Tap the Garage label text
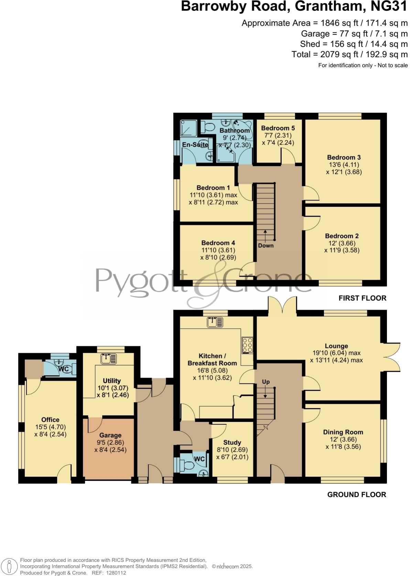[110, 435]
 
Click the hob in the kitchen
[247, 345]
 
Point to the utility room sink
[109, 359]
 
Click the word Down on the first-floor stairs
[266, 246]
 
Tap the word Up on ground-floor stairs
[266, 382]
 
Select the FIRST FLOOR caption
[362, 298]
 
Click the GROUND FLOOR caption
[356, 494]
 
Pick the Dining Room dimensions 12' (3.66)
[343, 440]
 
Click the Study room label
[232, 443]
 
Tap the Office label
[50, 420]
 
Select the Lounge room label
[336, 346]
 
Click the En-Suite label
[195, 145]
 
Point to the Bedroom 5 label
[278, 128]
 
